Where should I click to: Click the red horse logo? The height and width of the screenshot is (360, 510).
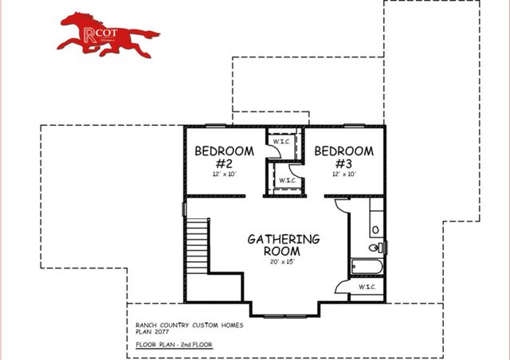[108, 34]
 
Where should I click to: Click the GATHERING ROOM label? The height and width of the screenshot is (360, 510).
[283, 245]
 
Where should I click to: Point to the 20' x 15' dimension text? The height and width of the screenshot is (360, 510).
[283, 262]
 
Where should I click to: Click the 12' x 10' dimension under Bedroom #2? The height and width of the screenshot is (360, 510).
[224, 173]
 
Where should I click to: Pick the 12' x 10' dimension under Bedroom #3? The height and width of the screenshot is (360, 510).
[343, 173]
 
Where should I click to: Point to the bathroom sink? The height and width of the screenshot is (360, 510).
[375, 229]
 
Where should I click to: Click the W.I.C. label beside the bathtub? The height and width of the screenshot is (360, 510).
[367, 287]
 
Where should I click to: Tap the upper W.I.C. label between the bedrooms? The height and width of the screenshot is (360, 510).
[281, 142]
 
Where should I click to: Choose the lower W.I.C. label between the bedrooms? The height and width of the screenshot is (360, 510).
[286, 180]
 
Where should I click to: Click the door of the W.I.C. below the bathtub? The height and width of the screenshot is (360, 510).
[342, 288]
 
